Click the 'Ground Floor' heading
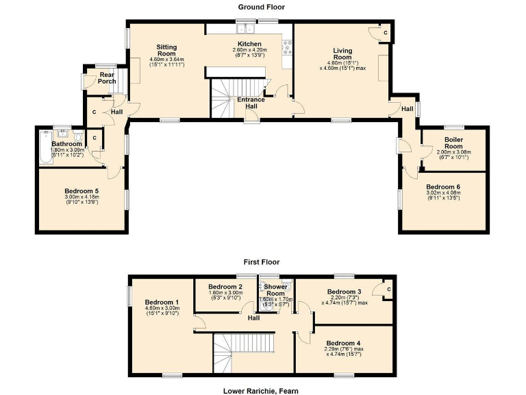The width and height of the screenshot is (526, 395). click(262, 7)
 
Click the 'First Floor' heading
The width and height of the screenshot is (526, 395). click(262, 262)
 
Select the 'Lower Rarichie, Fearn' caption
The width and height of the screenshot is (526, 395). click(261, 391)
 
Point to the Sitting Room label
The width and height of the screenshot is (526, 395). click(167, 51)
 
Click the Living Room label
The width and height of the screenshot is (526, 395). click(342, 54)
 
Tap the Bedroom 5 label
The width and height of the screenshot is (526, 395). click(82, 191)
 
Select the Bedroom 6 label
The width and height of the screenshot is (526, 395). click(444, 187)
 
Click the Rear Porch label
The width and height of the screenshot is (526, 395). click(107, 78)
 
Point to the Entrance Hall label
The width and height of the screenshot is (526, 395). click(251, 103)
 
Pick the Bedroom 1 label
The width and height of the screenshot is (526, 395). click(162, 302)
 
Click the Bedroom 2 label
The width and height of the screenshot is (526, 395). click(226, 287)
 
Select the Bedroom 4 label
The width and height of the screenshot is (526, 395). click(344, 343)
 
